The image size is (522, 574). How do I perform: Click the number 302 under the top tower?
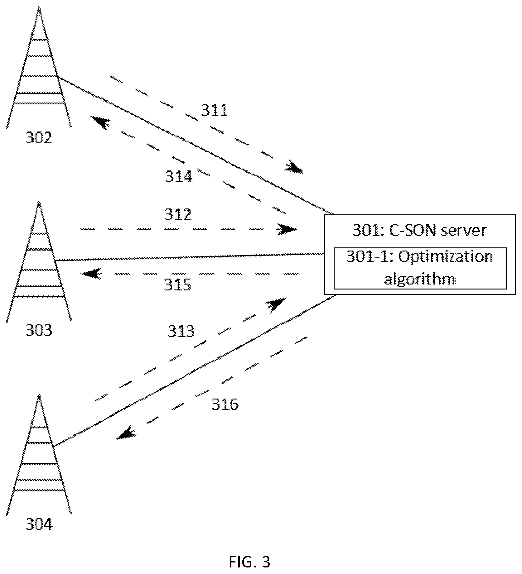(39, 137)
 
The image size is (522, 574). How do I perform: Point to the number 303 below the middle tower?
(39, 331)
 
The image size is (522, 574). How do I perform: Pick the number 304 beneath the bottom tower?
(39, 525)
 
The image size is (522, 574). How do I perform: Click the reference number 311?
(214, 110)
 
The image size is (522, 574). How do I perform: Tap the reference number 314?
(179, 177)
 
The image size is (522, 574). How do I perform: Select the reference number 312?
(178, 215)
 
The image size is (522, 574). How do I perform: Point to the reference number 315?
(177, 285)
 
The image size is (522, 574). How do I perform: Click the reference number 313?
(181, 331)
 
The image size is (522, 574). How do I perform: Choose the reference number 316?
(225, 405)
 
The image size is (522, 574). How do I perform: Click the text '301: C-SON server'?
(419, 231)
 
